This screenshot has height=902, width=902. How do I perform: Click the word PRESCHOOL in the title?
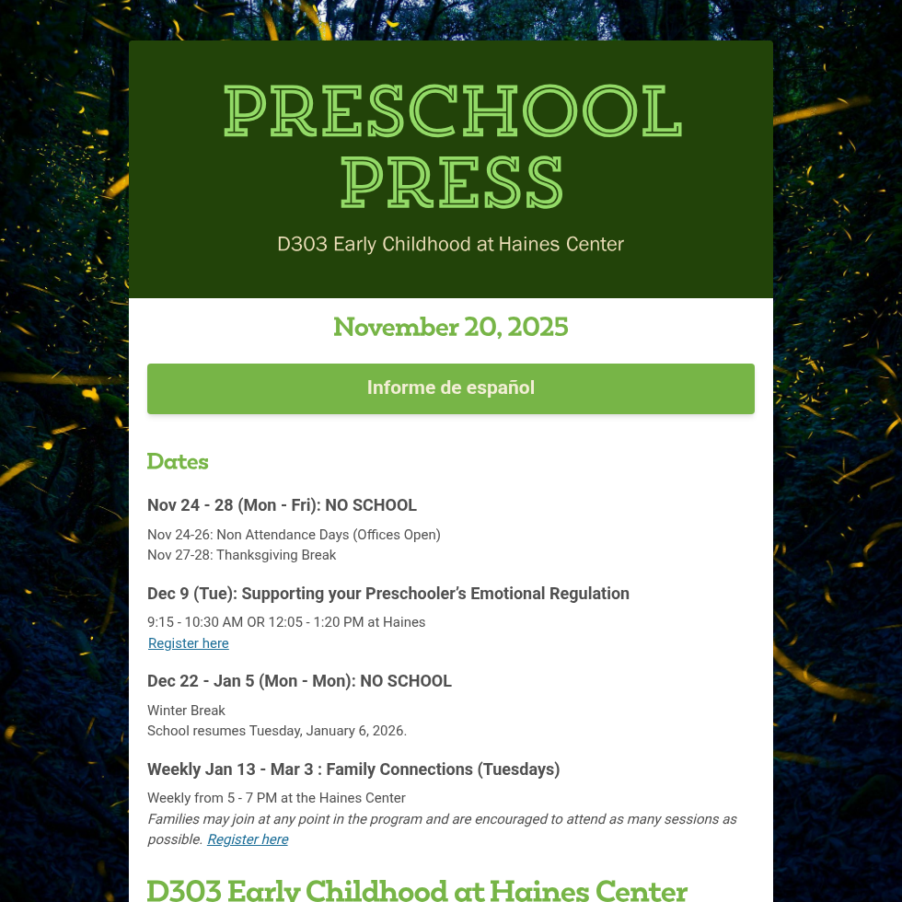pos(451,111)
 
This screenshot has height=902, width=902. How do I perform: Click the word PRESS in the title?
pos(451,182)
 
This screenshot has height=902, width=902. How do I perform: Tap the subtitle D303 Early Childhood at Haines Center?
pos(451,244)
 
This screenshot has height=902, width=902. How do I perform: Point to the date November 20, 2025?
pos(451,327)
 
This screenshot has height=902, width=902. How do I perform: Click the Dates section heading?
pos(178,461)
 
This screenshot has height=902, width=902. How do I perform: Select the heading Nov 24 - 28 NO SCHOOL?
pos(282,505)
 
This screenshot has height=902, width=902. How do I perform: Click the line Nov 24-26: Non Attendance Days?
pos(294,535)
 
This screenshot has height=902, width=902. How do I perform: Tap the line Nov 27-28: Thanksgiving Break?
pos(241,555)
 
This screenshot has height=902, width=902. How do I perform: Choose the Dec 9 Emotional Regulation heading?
pos(387,594)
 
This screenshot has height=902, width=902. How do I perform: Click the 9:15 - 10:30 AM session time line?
pos(286,622)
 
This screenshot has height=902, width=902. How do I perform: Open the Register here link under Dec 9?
pos(189,643)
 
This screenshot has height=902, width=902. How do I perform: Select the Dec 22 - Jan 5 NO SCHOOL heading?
pos(299,681)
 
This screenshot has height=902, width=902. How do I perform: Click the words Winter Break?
pos(186,711)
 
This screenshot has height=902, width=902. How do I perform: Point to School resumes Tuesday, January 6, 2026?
pos(276,731)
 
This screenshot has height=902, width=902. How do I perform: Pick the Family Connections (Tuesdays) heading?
pos(353,769)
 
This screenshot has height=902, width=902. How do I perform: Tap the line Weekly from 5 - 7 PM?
pos(276,798)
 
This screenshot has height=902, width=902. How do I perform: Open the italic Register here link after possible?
pos(248,839)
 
